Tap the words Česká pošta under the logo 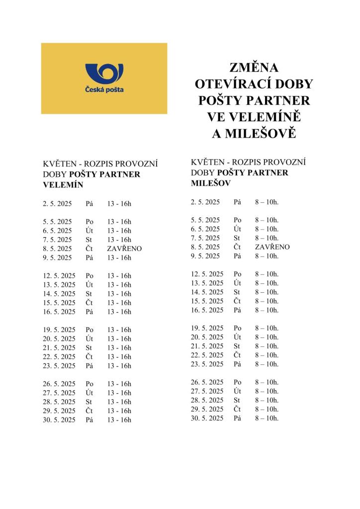click(104, 90)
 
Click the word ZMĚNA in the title click(254, 68)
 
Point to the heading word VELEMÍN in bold click(63, 184)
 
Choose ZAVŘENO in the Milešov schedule click(272, 247)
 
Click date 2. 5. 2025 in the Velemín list click(58, 204)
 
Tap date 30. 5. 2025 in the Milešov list click(207, 418)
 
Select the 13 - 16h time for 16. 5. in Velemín click(119, 312)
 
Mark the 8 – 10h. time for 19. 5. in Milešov click(267, 328)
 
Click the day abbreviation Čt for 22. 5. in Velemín click(90, 356)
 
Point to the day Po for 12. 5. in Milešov click(238, 274)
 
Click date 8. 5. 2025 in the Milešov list click(205, 247)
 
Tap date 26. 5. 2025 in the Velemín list click(59, 384)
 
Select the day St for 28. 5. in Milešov click(237, 400)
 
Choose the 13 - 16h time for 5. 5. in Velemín click(119, 222)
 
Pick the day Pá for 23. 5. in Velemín click(90, 366)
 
